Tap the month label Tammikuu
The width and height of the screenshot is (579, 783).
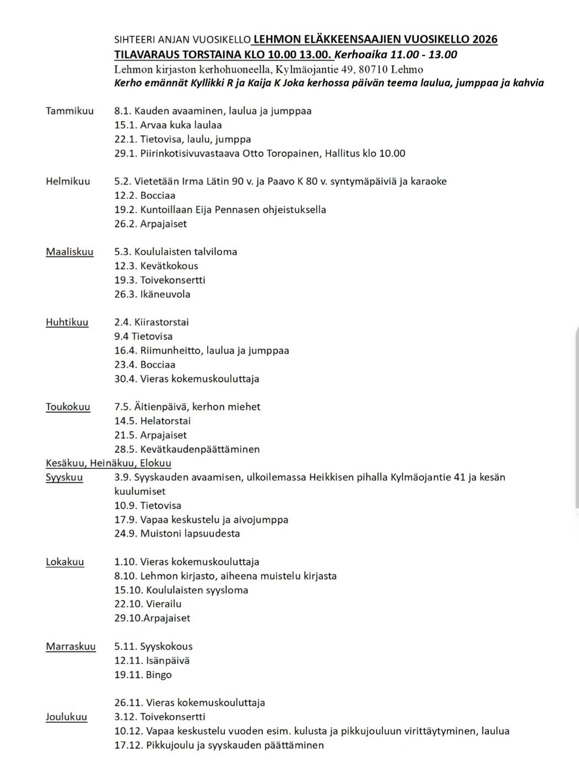[x=69, y=111]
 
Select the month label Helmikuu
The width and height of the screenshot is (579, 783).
[x=68, y=181]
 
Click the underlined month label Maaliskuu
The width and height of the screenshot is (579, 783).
[x=69, y=252]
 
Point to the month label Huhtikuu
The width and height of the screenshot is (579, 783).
[x=67, y=322]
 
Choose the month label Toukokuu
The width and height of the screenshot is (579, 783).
[x=68, y=407]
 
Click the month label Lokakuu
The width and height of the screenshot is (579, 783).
[x=65, y=562]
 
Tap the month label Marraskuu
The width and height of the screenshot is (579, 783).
[x=71, y=646]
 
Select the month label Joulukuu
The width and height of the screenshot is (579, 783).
[x=66, y=717]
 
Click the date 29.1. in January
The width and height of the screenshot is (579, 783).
[x=125, y=153]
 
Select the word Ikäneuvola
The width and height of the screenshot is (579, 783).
[x=165, y=294]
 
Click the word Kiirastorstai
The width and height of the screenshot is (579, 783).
[x=163, y=322]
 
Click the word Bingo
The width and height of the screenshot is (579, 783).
[x=159, y=675]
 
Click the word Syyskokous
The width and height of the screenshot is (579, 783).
[x=166, y=646]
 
